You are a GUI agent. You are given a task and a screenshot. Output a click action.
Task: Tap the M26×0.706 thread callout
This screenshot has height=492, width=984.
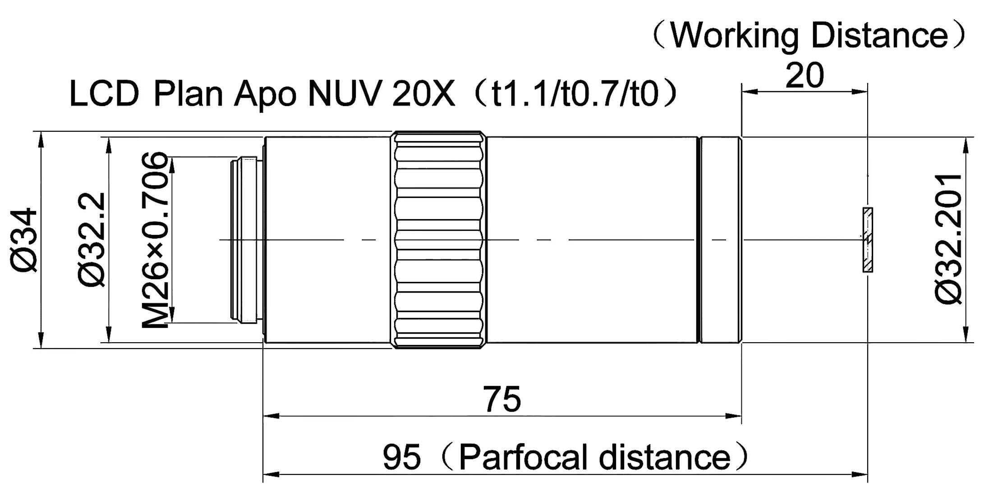[x=156, y=240]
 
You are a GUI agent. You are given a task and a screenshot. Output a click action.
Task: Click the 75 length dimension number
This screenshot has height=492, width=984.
[x=502, y=399]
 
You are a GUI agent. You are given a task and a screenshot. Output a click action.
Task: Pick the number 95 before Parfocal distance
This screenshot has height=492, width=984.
[x=402, y=456]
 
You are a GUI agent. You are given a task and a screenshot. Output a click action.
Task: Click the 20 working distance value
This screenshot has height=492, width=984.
[x=805, y=75]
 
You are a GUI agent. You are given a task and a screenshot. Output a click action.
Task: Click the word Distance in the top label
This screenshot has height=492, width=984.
[x=880, y=35]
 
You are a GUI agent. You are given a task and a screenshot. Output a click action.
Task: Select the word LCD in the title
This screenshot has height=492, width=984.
[x=104, y=93]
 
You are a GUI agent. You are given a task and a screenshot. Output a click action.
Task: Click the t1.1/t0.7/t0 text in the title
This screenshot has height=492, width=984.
[x=575, y=93]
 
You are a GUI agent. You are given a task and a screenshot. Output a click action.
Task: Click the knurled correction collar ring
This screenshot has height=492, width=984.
[x=439, y=240]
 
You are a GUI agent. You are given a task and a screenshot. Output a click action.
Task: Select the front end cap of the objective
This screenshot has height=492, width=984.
[x=720, y=240]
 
